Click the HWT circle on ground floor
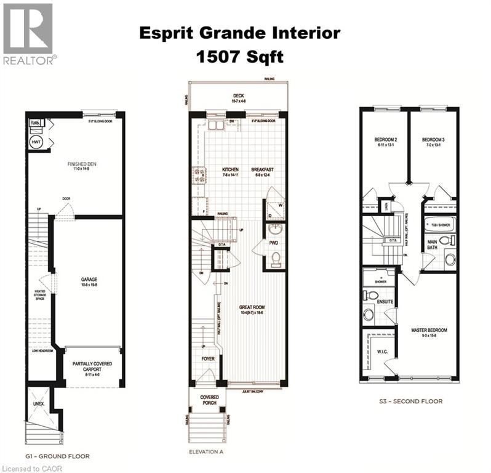click(x=35, y=141)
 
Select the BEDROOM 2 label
click(x=386, y=140)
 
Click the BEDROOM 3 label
click(x=434, y=140)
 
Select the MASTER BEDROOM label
click(x=428, y=331)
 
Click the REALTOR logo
click(x=28, y=34)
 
